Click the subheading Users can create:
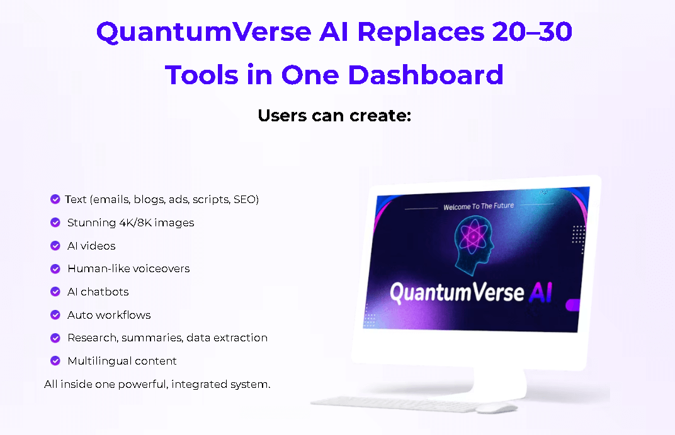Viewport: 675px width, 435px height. [334, 116]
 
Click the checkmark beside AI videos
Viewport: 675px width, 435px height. [55, 246]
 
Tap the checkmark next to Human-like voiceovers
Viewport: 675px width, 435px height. [55, 268]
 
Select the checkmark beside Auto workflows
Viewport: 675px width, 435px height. [55, 315]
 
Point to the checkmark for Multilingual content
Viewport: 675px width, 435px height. [55, 361]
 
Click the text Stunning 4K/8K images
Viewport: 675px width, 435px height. [130, 223]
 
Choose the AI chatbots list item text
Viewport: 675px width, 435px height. [98, 292]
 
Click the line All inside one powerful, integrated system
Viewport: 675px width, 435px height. [157, 384]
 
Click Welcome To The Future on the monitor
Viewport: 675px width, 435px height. [479, 206]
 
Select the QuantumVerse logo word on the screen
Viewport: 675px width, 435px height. [457, 292]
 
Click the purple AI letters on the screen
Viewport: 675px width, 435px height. [540, 292]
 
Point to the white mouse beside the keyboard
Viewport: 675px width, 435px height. [496, 408]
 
